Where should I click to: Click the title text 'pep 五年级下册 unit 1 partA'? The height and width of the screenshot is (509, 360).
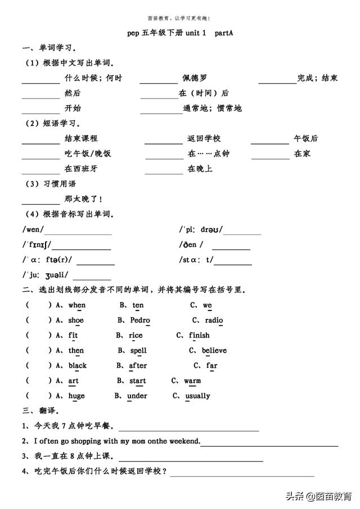click(180, 33)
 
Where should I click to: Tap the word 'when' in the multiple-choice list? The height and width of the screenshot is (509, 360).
click(77, 305)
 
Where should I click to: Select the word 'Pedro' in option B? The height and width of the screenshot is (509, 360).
click(140, 321)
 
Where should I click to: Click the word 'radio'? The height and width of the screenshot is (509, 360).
click(214, 321)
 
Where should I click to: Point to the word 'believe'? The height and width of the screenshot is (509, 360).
click(214, 350)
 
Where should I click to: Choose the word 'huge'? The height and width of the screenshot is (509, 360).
click(76, 396)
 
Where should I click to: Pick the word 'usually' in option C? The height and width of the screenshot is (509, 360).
click(197, 396)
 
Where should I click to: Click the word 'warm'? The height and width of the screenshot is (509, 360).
click(192, 381)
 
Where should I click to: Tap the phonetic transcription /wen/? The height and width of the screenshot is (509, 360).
click(33, 229)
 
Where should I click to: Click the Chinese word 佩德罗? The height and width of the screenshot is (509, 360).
click(195, 78)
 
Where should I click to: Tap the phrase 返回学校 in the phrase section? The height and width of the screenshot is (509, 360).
click(204, 138)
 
